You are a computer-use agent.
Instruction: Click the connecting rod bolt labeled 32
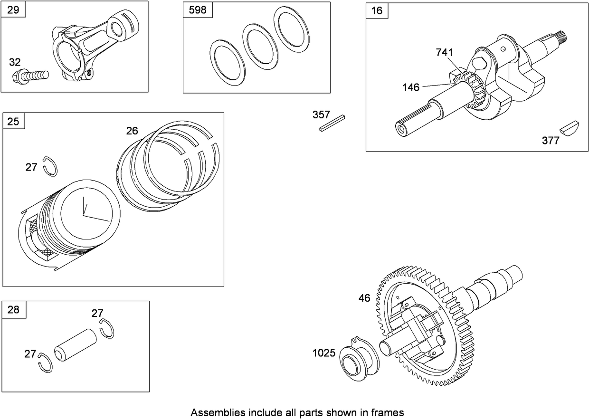coord(31,77)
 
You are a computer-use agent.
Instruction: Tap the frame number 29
coord(13,10)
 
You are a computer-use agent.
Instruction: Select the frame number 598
coord(198,10)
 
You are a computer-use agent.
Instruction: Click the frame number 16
coord(377,10)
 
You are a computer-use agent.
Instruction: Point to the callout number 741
coord(444,52)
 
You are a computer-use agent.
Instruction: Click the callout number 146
coord(411,87)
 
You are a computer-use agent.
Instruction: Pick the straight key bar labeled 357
coord(332,123)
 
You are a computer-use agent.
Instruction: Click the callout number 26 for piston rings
coord(132,131)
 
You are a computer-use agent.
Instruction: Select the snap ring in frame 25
coord(50,166)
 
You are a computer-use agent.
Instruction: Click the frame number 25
coord(13,121)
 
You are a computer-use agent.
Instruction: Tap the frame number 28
coord(13,310)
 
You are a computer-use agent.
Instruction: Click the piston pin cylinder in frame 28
coord(75,345)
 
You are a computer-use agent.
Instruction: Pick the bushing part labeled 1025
coord(360,359)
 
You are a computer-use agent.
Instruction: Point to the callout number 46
coord(364,298)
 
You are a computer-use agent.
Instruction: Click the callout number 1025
coord(323,353)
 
